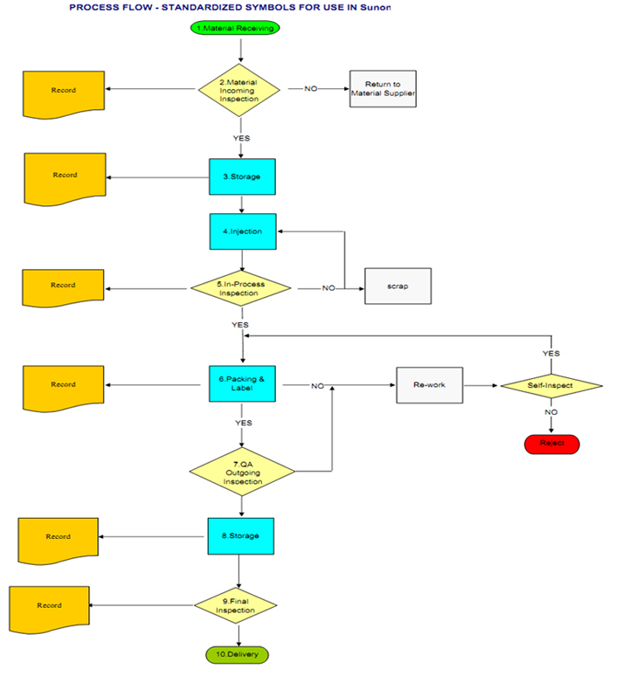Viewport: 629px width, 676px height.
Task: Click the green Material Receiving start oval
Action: point(239,28)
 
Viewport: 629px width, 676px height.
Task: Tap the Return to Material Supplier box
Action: point(383,88)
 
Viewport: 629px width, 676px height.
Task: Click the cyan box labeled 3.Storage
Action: point(241,177)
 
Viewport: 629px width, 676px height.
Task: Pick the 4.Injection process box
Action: point(242,231)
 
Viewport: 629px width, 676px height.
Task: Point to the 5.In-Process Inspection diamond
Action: point(240,287)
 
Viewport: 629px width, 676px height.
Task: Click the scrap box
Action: point(397,286)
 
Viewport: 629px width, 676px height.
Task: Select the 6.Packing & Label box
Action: point(242,384)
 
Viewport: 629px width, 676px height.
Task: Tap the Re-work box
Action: point(430,384)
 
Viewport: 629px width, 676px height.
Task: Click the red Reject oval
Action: point(551,443)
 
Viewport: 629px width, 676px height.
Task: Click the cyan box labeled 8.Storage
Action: point(240,535)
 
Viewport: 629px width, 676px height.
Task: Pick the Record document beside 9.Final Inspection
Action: point(50,606)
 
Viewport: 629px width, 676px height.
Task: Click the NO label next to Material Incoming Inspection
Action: point(310,88)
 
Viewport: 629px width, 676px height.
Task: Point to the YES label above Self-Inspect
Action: point(551,353)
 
